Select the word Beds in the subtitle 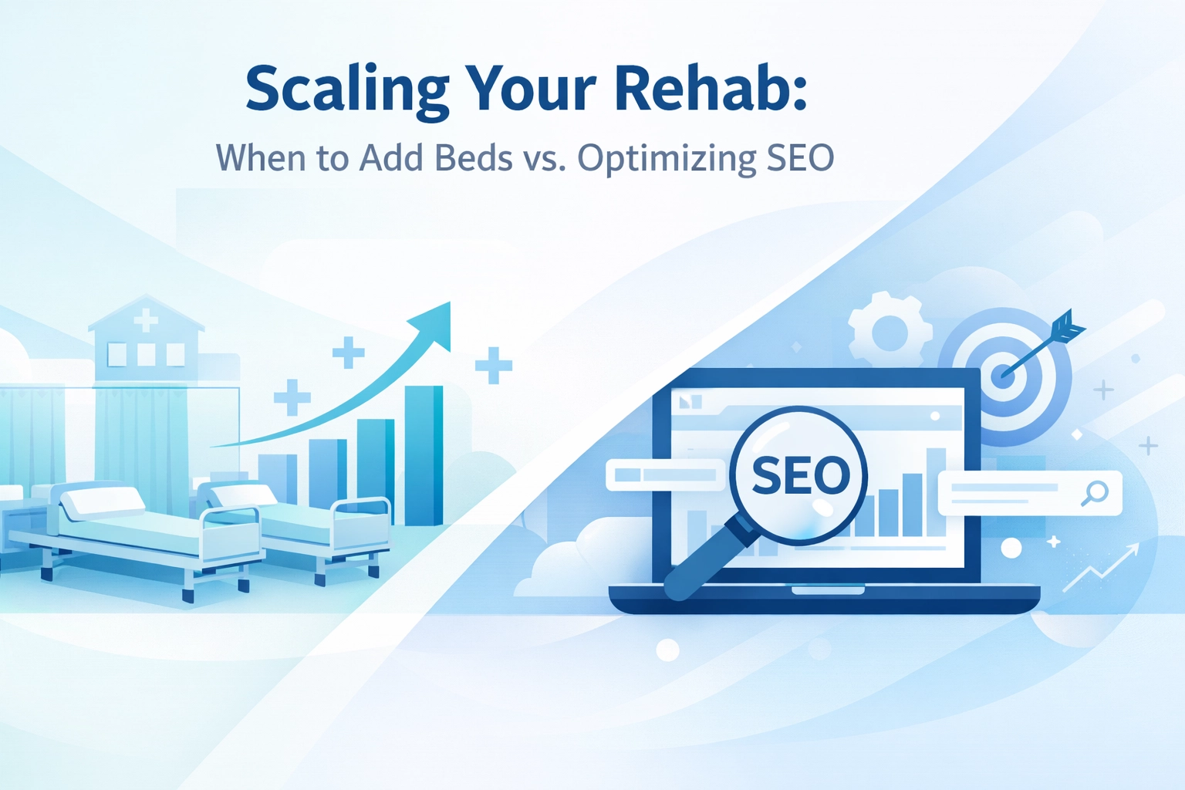pos(473,158)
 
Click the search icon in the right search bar pos(1095,493)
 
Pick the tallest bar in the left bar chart pos(424,455)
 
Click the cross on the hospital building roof pos(146,321)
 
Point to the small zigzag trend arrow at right pos(1100,568)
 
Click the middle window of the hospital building pos(146,354)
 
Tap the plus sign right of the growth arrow pos(494,365)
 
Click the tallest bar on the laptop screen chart pos(936,491)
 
